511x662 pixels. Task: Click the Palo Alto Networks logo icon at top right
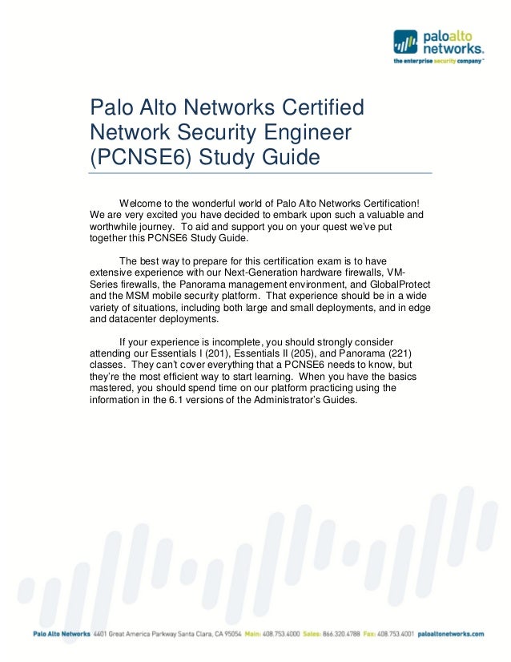point(405,42)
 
